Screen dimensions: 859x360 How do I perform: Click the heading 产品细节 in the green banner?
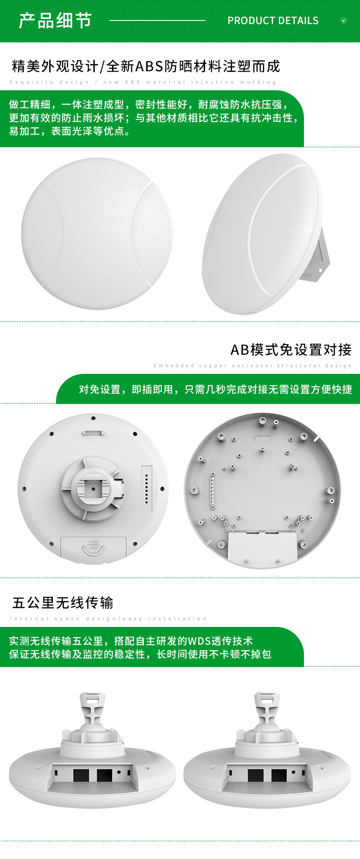point(55,21)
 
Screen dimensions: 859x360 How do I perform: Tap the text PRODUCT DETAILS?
point(273,21)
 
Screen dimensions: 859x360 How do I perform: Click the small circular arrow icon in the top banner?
point(344,21)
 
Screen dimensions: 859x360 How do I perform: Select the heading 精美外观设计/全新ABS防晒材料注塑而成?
point(146,67)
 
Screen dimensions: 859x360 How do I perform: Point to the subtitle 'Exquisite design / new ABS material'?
point(143,82)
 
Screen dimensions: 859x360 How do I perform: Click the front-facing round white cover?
point(97,233)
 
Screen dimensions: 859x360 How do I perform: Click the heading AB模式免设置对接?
point(291,350)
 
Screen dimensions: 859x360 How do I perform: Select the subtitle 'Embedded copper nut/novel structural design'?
point(253,366)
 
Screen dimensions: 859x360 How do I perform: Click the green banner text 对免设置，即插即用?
point(215,389)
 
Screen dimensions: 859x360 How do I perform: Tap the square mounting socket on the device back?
point(93,488)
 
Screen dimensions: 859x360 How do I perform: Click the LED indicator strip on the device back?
point(146,488)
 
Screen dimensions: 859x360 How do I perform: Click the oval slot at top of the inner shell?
point(262,438)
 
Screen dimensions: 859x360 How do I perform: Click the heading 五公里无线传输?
point(62,603)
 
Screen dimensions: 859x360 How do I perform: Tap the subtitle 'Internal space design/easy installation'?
point(108,619)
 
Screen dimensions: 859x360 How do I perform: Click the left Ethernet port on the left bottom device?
point(81,775)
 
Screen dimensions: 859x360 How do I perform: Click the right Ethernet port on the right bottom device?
point(279,775)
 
